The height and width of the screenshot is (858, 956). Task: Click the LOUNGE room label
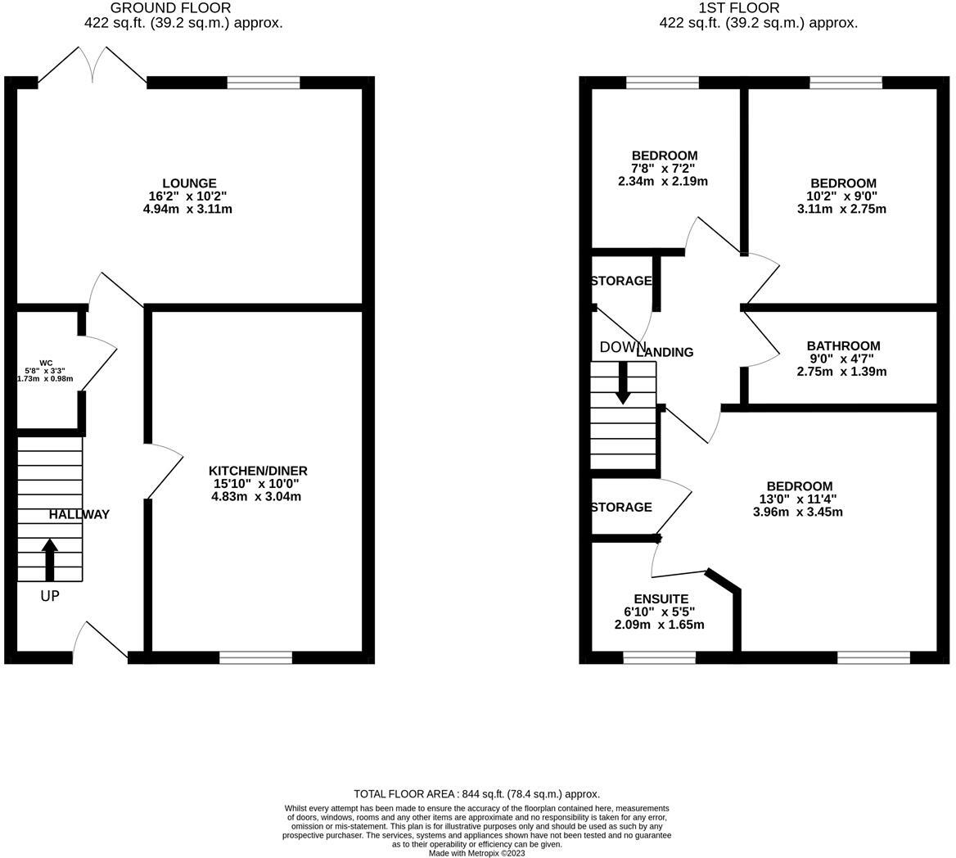point(189,183)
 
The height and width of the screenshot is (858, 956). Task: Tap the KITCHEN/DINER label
point(258,471)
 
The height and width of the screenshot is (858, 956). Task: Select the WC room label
point(46,363)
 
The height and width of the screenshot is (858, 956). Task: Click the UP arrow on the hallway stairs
point(50,559)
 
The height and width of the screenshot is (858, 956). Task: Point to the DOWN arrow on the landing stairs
point(623,382)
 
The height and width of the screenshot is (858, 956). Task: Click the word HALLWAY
point(79,515)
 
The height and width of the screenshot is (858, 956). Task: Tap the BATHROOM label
point(843,346)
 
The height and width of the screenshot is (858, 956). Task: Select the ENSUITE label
point(661,599)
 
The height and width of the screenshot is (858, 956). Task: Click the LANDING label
point(665,353)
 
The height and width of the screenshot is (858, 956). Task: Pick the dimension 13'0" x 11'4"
point(798,499)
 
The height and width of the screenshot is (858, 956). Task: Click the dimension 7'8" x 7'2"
point(663,169)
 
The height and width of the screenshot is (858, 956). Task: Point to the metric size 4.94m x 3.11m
point(187,210)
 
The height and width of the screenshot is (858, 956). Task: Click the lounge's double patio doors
point(92,65)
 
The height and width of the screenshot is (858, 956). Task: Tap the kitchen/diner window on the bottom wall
point(255,657)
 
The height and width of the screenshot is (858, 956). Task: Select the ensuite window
point(659,657)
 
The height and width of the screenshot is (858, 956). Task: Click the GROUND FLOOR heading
point(170,8)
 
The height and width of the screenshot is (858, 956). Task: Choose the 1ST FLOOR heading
point(738,8)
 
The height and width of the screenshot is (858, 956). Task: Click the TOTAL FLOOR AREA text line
point(476,794)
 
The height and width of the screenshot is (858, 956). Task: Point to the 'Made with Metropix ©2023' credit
point(477,853)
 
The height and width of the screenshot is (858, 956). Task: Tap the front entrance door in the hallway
point(100,643)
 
